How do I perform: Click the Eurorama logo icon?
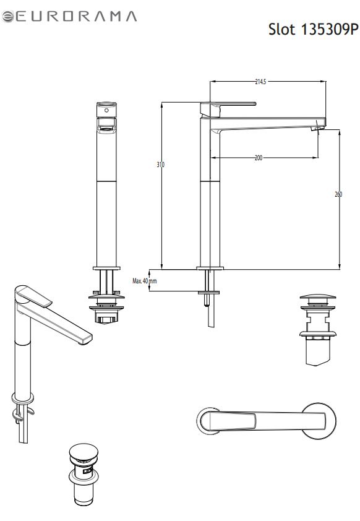7,17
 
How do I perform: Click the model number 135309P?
330,29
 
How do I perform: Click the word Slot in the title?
281,29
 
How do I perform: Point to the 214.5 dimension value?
260,82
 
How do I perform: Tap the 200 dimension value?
259,158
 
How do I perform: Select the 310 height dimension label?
160,165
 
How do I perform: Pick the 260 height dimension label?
338,194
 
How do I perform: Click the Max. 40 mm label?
145,281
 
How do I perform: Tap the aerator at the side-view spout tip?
316,128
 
